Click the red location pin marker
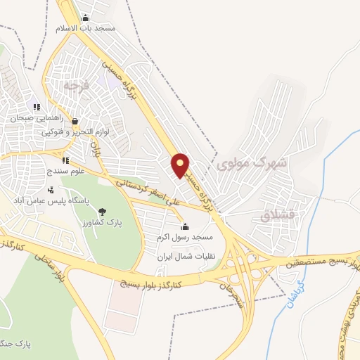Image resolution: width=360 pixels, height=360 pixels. point(181,165)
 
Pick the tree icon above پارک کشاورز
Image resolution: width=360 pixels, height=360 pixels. point(103,211)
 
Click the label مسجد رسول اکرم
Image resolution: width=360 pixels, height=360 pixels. point(185,238)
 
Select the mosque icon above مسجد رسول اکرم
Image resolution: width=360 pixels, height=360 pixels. point(185,226)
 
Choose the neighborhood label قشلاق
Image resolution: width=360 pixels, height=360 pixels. point(275,216)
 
